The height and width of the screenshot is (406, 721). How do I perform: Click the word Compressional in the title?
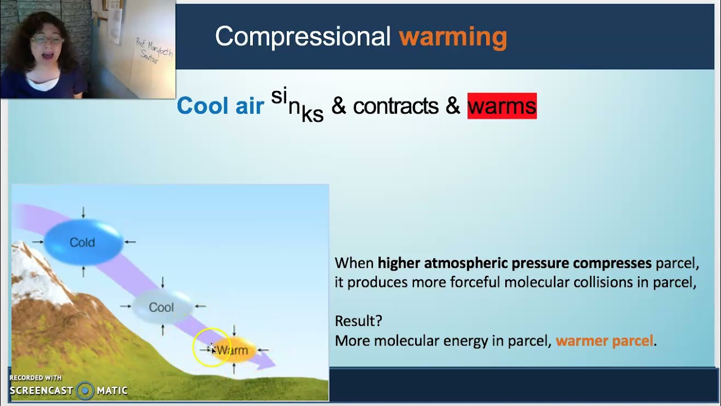coord(302,37)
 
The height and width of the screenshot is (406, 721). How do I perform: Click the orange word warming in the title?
coord(453,37)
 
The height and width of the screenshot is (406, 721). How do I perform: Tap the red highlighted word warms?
coord(502,106)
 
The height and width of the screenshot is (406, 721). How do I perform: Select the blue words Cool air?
coord(220,106)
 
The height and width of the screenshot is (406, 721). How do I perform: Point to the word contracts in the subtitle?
coord(395,106)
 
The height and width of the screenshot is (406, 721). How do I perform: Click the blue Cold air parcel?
coord(83,242)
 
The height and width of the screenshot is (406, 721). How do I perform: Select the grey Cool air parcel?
coord(162,307)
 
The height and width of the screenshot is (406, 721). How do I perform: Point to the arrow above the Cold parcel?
coord(83,213)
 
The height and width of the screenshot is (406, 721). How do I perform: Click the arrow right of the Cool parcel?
coord(199,307)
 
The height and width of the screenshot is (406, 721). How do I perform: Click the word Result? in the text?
coord(358,321)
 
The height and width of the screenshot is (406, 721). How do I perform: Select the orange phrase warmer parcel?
coord(604,341)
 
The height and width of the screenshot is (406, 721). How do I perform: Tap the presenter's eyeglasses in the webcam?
coord(46,40)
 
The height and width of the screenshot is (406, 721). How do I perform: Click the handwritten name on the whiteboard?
coord(153,51)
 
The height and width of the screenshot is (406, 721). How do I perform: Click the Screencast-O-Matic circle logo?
coord(85,390)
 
